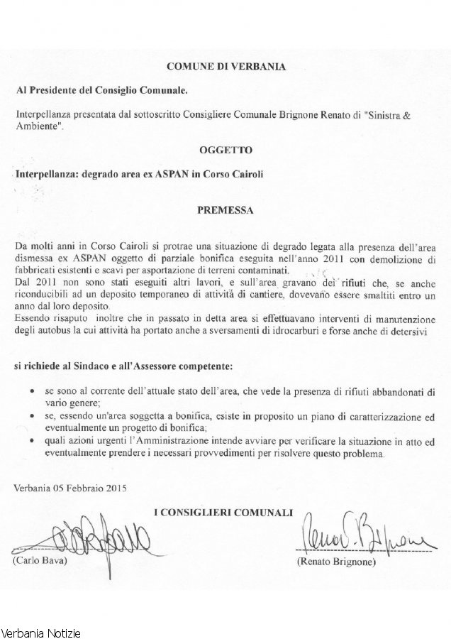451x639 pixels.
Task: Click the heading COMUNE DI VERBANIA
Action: tap(225, 67)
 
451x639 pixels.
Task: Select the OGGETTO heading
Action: tap(225, 151)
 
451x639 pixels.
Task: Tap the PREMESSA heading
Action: tap(225, 210)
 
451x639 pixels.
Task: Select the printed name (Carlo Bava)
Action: tap(38, 561)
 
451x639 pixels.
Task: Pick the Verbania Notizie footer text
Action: tap(41, 631)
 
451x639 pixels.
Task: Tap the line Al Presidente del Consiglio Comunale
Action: tap(101, 92)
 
